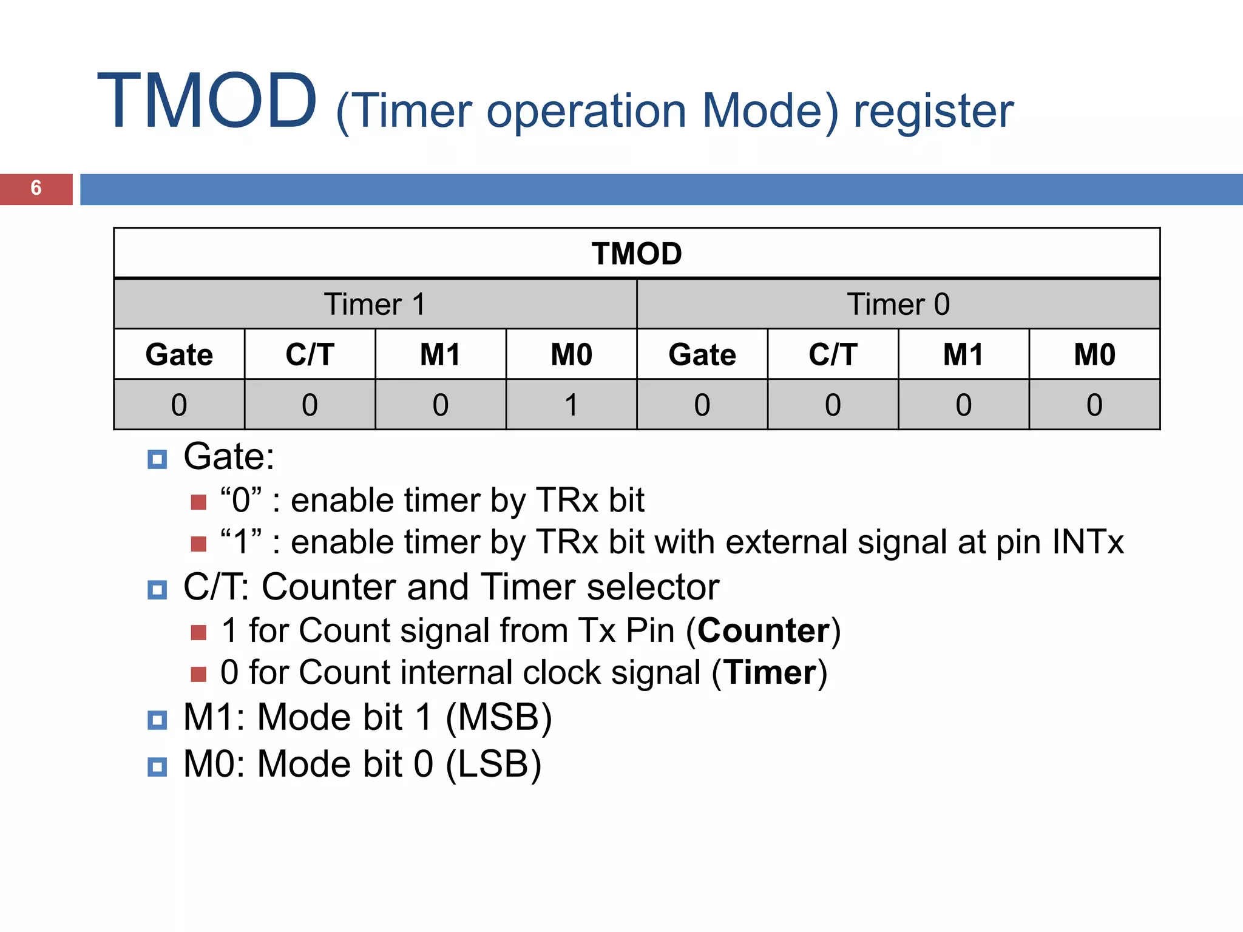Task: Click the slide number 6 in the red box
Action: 36,188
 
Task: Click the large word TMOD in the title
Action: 207,102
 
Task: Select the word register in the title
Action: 933,112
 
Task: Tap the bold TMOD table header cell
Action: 636,254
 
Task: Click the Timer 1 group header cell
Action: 374,305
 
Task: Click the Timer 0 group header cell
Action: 898,305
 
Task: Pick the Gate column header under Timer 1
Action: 179,355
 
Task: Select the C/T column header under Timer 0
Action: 833,355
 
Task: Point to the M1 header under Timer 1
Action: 440,355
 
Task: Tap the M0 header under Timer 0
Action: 1094,355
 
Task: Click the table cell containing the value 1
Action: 571,405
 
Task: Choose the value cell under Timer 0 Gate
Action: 702,405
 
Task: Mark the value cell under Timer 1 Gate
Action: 179,405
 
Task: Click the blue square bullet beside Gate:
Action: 157,459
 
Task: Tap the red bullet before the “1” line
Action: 198,544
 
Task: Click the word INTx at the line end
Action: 1088,542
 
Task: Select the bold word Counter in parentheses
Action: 763,630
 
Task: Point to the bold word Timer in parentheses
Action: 770,673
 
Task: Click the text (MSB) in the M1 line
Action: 499,718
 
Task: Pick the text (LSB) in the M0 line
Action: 493,764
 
